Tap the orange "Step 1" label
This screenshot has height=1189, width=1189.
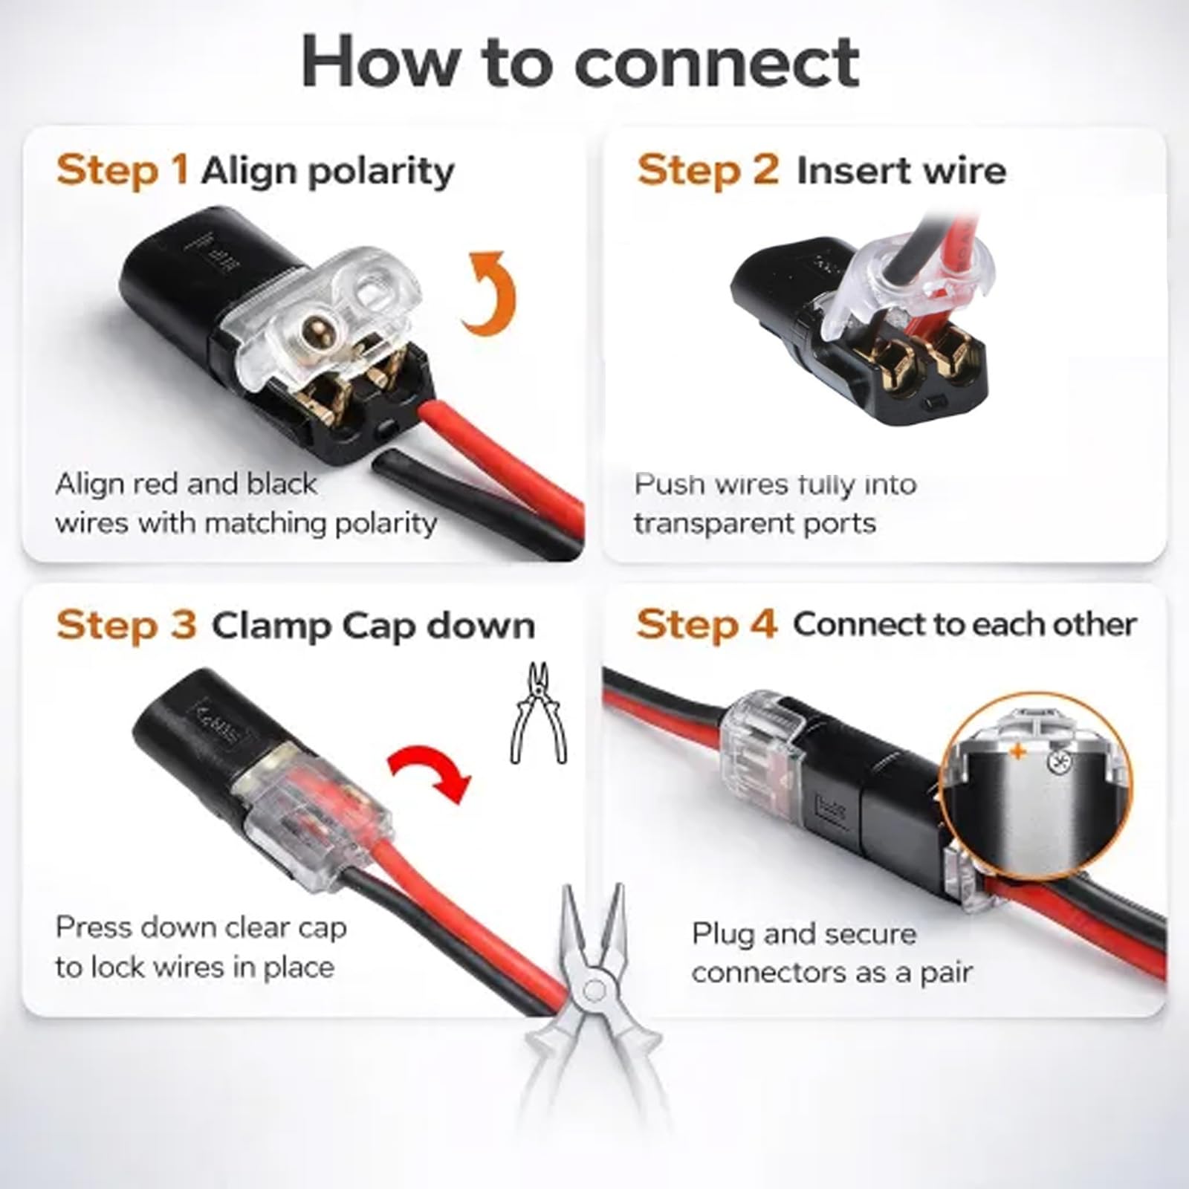coord(122,170)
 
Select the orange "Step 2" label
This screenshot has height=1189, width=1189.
coord(707,170)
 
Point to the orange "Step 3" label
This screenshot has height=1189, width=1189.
coord(126,624)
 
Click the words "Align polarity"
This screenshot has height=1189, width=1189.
coord(328,172)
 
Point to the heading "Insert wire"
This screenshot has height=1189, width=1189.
coord(901,171)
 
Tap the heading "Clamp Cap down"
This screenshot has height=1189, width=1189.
coord(373,626)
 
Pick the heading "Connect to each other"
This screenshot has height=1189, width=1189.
coord(965,624)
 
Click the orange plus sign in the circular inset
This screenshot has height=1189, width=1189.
coord(1017,752)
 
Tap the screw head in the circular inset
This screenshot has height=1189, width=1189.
coord(1055,760)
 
